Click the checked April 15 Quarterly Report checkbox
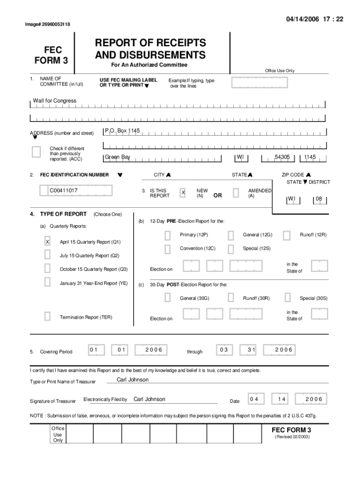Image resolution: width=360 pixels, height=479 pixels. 47,242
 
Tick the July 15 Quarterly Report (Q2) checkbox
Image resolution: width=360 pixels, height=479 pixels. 47,255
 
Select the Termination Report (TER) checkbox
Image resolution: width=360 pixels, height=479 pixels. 47,317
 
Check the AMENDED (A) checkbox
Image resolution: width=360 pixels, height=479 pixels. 236,193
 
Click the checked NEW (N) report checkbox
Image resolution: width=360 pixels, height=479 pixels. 183,193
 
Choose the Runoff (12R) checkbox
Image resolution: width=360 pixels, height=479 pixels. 287,235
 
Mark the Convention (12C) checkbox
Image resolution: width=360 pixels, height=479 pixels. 167,248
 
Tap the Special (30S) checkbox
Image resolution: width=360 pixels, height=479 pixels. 288,298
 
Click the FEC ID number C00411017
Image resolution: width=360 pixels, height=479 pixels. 64,191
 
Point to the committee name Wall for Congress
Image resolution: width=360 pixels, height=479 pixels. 54,101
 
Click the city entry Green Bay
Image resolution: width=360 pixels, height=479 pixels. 117,157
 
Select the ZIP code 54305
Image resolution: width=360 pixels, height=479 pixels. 282,157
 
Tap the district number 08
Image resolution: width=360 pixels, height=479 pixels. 319,199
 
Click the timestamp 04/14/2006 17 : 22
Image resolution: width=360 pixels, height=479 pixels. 320,19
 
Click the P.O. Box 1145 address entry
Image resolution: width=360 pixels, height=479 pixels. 122,131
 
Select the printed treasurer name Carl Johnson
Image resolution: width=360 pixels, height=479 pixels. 132,379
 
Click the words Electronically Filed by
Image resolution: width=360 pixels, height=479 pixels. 105,399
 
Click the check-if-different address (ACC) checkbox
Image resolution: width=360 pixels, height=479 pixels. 36,152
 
